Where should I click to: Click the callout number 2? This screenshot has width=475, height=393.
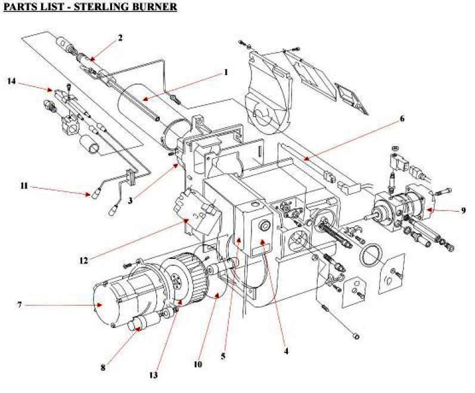click(120, 38)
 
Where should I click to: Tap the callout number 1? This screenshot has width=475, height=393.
click(226, 72)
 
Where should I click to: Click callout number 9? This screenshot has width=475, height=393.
click(463, 210)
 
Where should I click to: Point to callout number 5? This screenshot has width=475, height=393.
click(223, 357)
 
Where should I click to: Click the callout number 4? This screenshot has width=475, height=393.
click(286, 351)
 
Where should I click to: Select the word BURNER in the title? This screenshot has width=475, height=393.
click(157, 7)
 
